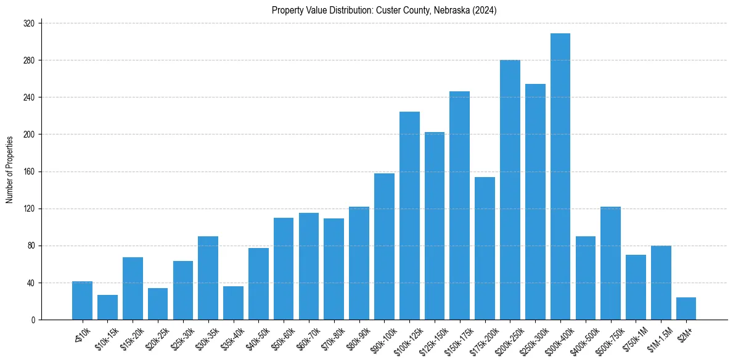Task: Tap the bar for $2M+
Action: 686,308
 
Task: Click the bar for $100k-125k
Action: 409,216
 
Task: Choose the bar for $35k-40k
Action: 233,303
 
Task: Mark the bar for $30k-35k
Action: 208,278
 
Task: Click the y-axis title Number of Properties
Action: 9,170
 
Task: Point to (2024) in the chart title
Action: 486,10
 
